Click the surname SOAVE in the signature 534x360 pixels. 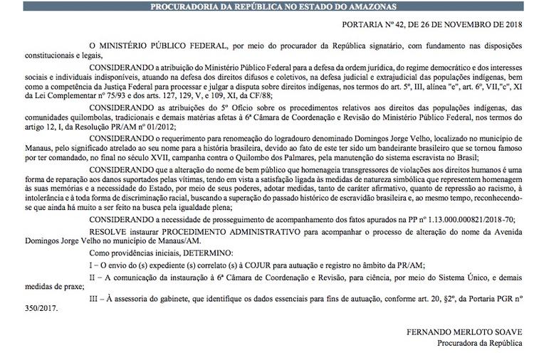click(x=511, y=332)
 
